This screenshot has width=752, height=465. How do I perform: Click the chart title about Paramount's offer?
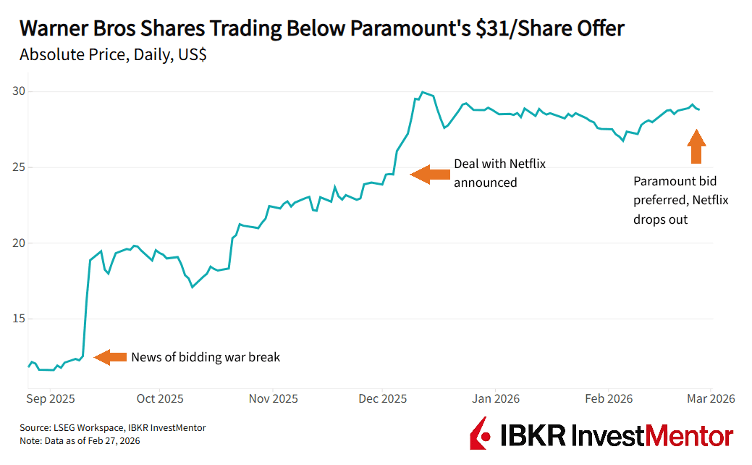pyautogui.click(x=321, y=28)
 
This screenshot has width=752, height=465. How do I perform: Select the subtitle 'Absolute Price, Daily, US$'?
pyautogui.click(x=113, y=54)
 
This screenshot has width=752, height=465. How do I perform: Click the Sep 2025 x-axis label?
pyautogui.click(x=51, y=398)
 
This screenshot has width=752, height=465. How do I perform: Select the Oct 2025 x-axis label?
pyautogui.click(x=160, y=398)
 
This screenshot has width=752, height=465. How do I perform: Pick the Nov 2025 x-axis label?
pyautogui.click(x=273, y=398)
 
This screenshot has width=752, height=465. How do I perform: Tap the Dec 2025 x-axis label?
pyautogui.click(x=383, y=398)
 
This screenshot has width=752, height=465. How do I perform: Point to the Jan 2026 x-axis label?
pyautogui.click(x=496, y=398)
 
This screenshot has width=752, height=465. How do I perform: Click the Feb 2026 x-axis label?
pyautogui.click(x=609, y=398)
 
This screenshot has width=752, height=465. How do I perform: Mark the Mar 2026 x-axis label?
pyautogui.click(x=711, y=398)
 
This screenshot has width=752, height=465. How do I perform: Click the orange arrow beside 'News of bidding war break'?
pyautogui.click(x=110, y=357)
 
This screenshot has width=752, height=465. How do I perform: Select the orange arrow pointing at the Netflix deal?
pyautogui.click(x=429, y=174)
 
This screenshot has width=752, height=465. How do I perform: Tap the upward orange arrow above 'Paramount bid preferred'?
pyautogui.click(x=696, y=146)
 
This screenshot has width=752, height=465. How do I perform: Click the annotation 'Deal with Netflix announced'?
pyautogui.click(x=499, y=173)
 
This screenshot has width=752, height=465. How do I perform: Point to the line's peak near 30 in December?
pyautogui.click(x=422, y=92)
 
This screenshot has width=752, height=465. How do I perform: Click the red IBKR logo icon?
pyautogui.click(x=479, y=434)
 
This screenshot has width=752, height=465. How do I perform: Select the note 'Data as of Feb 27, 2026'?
pyautogui.click(x=80, y=440)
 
